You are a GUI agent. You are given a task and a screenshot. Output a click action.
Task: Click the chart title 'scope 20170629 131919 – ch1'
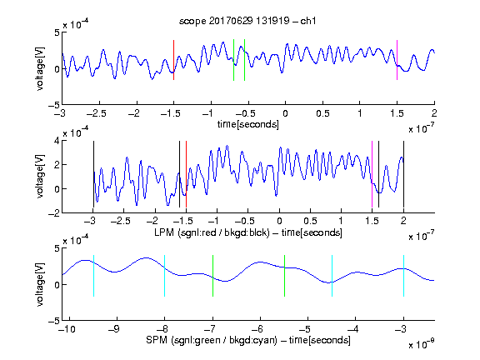coord(247,21)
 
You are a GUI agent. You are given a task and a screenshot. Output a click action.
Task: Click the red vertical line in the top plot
coord(174,60)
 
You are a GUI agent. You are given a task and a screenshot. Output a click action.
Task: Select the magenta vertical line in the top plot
coord(397,60)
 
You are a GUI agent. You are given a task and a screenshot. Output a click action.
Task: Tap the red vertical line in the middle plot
coord(186,174)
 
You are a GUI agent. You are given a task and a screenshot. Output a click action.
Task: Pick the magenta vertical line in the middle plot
coord(372,174)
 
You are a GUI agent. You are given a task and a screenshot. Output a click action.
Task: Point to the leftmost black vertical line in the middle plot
coord(93,174)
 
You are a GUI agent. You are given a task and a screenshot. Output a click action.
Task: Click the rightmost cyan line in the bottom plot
coord(403,276)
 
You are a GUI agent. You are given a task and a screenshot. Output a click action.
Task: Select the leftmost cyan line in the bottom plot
coord(93,276)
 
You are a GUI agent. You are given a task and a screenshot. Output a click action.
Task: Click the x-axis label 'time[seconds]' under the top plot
coord(248,124)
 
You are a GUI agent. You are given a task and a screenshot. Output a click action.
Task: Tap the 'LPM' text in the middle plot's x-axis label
coord(164,232)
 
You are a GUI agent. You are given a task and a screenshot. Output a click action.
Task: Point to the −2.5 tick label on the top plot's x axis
coord(97,113)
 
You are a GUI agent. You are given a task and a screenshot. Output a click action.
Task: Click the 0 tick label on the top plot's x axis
coord(285,113)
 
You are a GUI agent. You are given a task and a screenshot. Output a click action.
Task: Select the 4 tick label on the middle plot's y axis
coord(57,141)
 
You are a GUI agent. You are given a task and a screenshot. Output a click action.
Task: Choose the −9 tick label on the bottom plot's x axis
coord(114,329)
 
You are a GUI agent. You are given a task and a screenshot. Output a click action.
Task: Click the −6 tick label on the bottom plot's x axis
coord(257,329)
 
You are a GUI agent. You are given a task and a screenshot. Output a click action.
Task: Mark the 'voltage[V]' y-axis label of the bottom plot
coord(40,284)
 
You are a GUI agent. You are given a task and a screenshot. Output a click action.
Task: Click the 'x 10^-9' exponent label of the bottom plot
coord(421,344)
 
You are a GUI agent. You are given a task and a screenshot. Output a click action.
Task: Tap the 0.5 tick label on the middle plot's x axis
coord(310,221)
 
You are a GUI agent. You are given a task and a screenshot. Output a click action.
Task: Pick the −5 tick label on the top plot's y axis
coord(54,105)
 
